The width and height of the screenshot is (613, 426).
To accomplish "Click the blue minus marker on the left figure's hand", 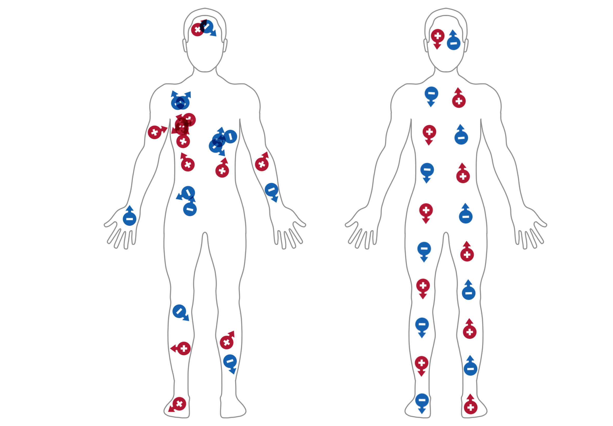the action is [129, 219].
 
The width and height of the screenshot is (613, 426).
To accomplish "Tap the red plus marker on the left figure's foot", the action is [179, 404].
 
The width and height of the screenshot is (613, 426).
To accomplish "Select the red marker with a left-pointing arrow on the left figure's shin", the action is [184, 348].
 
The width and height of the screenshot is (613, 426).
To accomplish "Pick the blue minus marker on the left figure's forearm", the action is [271, 190].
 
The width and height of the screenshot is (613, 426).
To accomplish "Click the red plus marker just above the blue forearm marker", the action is [262, 164].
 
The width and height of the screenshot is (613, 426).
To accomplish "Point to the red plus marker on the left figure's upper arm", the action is [155, 132].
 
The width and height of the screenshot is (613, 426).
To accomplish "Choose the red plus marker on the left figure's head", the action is [197, 29].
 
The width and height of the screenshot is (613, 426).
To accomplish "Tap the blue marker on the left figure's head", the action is [207, 27].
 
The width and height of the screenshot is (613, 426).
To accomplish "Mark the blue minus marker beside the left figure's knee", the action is [179, 311].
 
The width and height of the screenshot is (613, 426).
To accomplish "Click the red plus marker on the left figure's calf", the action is [226, 342].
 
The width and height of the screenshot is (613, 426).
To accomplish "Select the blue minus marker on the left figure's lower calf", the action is [230, 361].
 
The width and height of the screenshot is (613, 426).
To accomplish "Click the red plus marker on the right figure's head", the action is [438, 36].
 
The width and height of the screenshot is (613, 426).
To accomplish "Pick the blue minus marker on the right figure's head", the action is [454, 43].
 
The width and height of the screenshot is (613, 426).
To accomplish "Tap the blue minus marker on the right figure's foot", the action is [422, 400].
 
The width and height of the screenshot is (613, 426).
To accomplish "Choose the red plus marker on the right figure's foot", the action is [470, 407].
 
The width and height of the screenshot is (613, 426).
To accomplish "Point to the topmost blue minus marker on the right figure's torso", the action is [431, 94].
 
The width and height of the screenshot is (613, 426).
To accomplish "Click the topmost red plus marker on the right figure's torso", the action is [459, 101].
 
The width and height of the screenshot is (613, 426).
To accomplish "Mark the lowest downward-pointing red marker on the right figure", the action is [421, 363].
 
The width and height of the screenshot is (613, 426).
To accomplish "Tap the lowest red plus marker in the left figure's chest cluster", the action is [183, 141].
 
